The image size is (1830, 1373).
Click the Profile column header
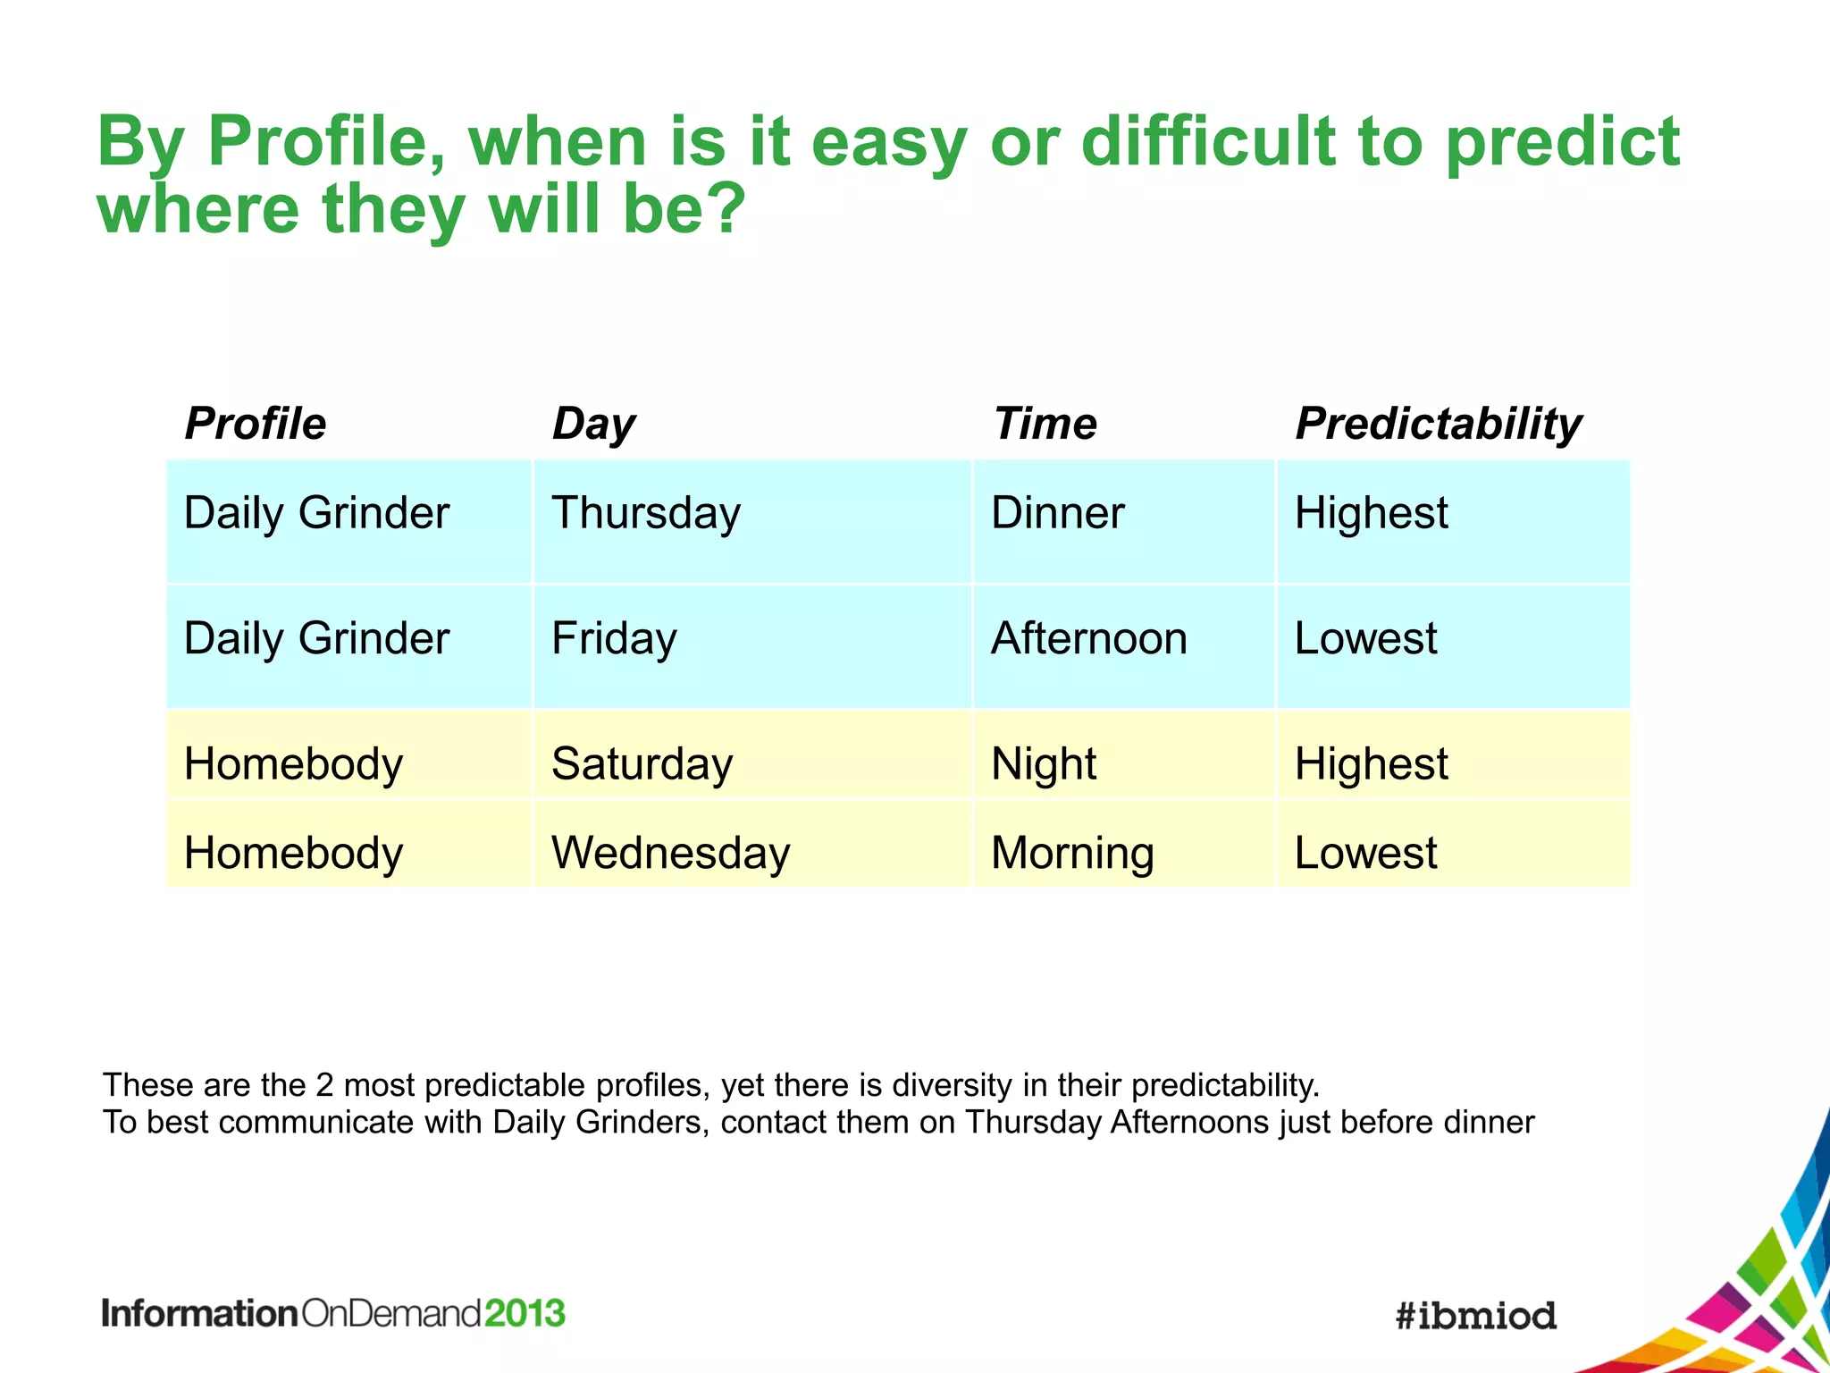pyautogui.click(x=255, y=423)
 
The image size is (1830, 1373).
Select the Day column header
pyautogui.click(x=593, y=425)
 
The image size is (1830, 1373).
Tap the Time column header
pyautogui.click(x=1045, y=423)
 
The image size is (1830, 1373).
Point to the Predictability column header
pyautogui.click(x=1438, y=425)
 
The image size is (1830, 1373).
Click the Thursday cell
pyautogui.click(x=646, y=514)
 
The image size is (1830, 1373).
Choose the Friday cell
pyautogui.click(x=614, y=639)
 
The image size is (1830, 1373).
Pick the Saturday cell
pyautogui.click(x=642, y=764)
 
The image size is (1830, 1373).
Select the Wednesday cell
pyautogui.click(x=670, y=853)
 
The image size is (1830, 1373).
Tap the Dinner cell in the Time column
pyautogui.click(x=1057, y=513)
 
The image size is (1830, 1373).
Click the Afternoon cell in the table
pyautogui.click(x=1088, y=638)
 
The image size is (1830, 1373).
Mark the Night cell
pyautogui.click(x=1043, y=765)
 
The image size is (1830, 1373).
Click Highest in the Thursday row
pyautogui.click(x=1371, y=513)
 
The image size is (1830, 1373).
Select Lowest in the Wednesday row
pyautogui.click(x=1365, y=853)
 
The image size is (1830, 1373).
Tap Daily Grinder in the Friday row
pyautogui.click(x=316, y=638)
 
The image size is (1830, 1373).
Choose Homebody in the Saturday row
pyautogui.click(x=293, y=764)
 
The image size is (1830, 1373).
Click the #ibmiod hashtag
pyautogui.click(x=1475, y=1315)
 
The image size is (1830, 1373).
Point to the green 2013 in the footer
pyautogui.click(x=525, y=1313)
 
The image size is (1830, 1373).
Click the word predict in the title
pyautogui.click(x=1562, y=143)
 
